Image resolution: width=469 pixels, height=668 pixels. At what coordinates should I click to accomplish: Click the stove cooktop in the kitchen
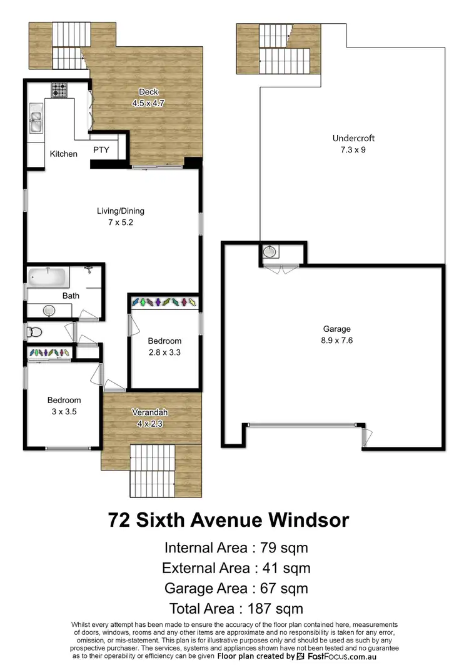(x=59, y=90)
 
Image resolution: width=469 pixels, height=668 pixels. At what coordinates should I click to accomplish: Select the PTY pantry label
(x=101, y=150)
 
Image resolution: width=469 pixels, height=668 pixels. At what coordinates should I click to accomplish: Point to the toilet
(x=34, y=331)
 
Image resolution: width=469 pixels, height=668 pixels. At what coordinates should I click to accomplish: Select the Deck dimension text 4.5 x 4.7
(x=148, y=104)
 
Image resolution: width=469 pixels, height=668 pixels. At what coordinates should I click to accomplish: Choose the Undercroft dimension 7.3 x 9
(x=353, y=150)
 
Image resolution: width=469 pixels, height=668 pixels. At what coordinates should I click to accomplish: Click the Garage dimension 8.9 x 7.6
(x=336, y=341)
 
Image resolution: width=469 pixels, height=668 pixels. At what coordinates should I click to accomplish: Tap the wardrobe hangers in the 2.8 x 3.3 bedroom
(x=164, y=302)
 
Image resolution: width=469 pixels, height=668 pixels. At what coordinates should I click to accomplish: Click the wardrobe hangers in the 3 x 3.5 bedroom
(x=49, y=353)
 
